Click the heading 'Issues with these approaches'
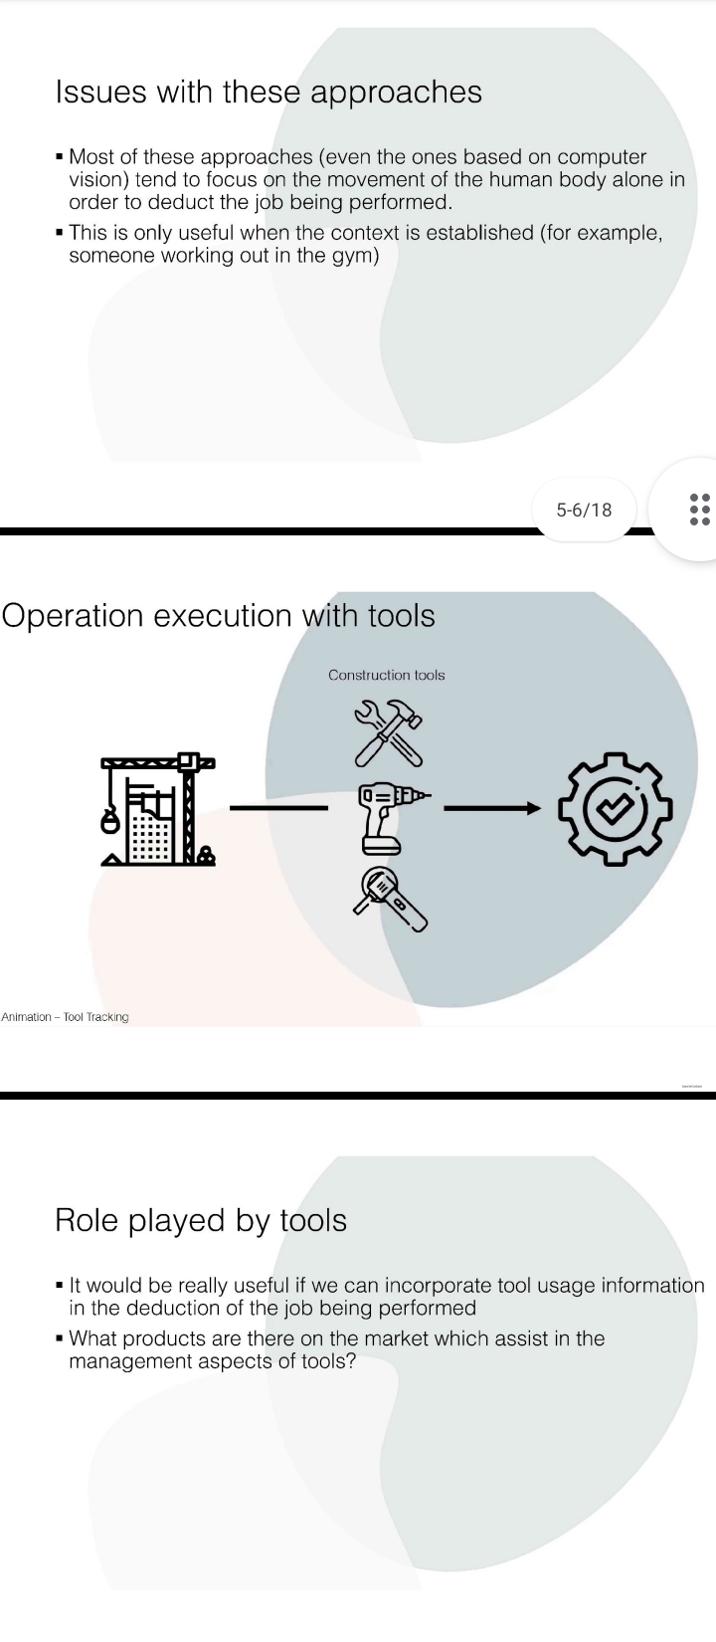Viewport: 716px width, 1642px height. [268, 93]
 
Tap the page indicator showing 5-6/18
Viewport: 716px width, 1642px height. [585, 511]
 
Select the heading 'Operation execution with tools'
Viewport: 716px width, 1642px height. [219, 616]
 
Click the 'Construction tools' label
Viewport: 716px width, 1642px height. [387, 675]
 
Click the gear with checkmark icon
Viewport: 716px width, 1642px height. [613, 807]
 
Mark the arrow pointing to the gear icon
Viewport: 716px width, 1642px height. [492, 807]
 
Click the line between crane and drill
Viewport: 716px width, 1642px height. [278, 807]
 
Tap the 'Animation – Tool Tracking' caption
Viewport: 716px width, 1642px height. [66, 1017]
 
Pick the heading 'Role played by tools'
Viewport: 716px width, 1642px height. [201, 1220]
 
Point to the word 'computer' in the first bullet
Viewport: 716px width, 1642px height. [602, 157]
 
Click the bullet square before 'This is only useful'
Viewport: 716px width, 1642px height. [61, 234]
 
